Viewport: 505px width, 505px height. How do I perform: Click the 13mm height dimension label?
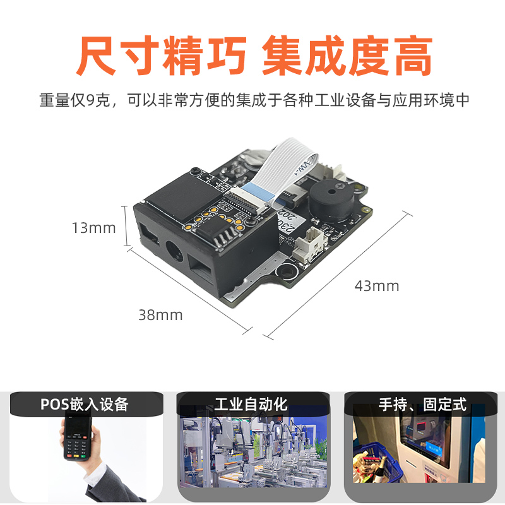(x=93, y=227)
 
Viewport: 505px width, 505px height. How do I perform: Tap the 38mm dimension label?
(x=160, y=314)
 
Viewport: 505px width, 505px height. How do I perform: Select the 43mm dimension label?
(x=377, y=286)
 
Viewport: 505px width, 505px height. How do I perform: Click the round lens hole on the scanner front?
(x=173, y=251)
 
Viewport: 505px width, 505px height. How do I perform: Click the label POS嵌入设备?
(x=85, y=404)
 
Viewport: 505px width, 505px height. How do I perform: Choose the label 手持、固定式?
(x=422, y=404)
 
